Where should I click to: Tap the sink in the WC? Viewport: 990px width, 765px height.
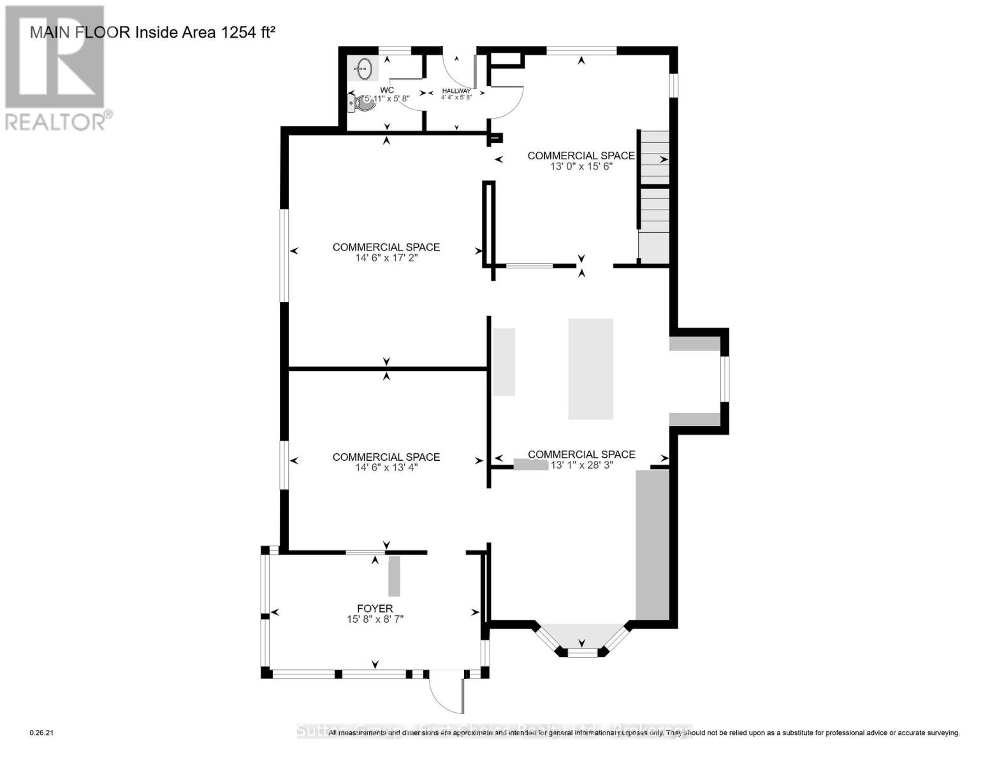[364, 68]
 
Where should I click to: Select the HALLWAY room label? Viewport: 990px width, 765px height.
[456, 91]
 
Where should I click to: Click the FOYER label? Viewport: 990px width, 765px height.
[375, 608]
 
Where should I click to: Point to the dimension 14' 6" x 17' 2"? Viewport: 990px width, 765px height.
[386, 258]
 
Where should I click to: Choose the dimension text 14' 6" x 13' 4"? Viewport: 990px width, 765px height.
[386, 467]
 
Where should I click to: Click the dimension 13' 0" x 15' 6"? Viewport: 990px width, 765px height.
[581, 166]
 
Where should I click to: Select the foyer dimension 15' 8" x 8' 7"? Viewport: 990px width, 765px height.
[375, 619]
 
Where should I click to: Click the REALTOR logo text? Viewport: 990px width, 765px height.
[56, 121]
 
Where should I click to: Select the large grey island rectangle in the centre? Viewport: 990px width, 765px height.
[590, 368]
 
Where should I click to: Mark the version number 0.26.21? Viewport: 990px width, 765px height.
[43, 733]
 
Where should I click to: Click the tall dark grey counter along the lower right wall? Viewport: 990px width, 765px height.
[652, 545]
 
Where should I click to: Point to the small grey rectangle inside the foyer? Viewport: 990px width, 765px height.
[394, 576]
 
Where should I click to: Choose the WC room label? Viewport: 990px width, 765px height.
[386, 90]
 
